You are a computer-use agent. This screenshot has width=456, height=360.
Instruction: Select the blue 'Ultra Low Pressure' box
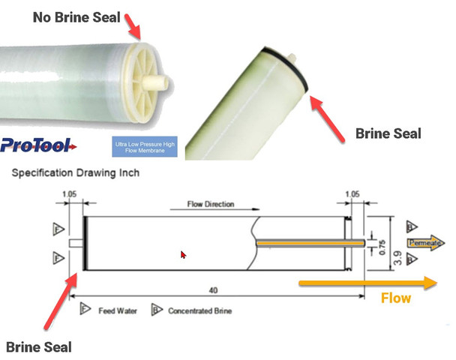pyautogui.click(x=144, y=145)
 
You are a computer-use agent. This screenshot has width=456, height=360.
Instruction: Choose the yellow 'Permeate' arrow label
pyautogui.click(x=426, y=243)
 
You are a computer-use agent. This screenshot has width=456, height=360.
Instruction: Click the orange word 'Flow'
pyautogui.click(x=395, y=298)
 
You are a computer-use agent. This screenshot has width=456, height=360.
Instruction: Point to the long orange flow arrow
pyautogui.click(x=367, y=283)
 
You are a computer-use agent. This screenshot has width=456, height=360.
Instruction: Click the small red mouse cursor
pyautogui.click(x=183, y=255)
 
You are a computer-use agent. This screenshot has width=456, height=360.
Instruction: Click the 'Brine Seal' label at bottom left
pyautogui.click(x=39, y=346)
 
